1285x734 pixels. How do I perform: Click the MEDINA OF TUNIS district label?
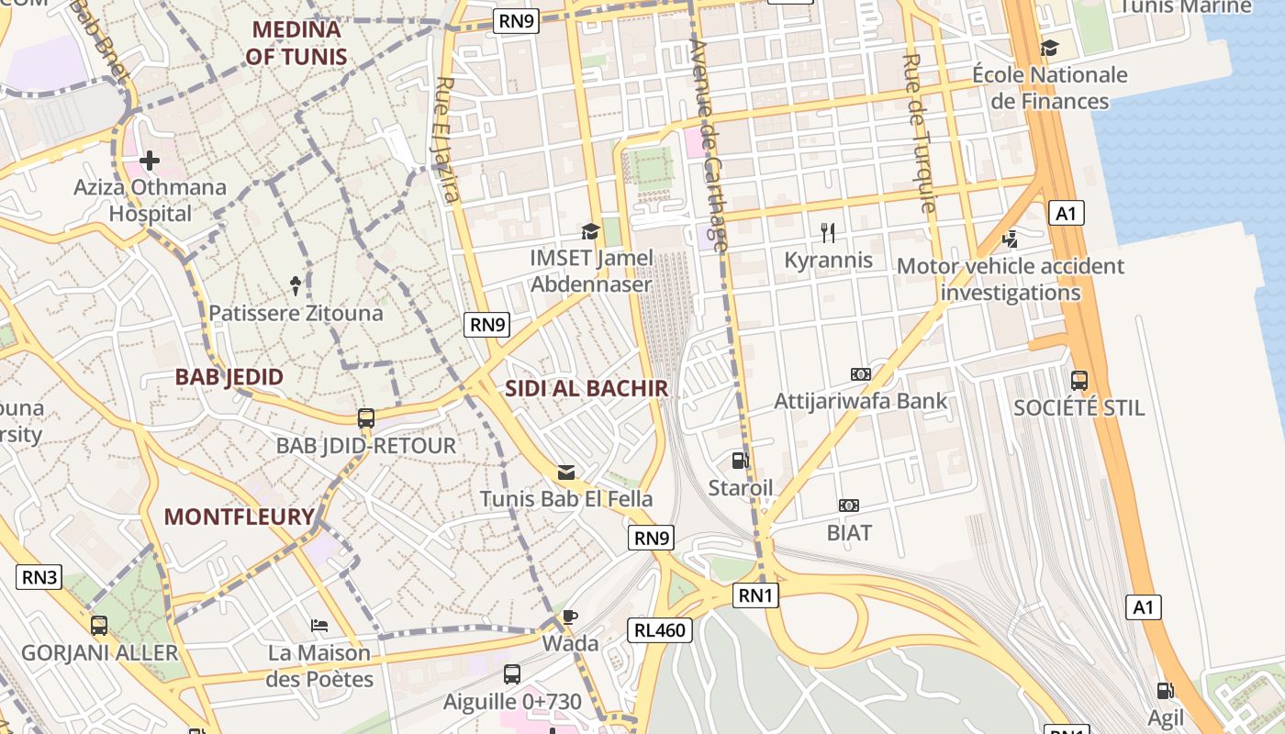coord(296,43)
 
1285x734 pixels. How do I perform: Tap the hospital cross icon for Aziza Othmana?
coord(149,161)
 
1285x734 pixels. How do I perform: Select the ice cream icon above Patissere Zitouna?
coord(296,285)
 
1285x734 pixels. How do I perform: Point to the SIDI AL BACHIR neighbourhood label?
coord(587,388)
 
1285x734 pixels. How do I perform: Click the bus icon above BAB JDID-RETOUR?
coord(366,418)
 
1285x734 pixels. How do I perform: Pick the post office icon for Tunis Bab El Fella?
coord(566,473)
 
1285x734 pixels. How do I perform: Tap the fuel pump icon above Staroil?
coord(740,461)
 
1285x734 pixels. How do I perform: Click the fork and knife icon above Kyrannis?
coord(828,232)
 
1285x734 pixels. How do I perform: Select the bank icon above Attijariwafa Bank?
coord(860,374)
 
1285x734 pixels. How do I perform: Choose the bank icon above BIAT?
coord(849,506)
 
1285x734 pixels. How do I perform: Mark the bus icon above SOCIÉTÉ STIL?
coord(1079,380)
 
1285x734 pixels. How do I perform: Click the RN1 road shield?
coord(757,596)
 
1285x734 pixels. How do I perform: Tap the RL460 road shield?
coord(660,630)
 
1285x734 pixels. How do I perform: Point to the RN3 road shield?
coord(39,577)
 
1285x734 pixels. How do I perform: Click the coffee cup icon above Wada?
coord(570,617)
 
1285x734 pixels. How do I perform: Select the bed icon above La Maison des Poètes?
coord(319,626)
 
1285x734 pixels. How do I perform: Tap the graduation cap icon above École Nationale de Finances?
coord(1049,48)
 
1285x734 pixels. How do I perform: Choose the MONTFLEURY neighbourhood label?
coord(240,517)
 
